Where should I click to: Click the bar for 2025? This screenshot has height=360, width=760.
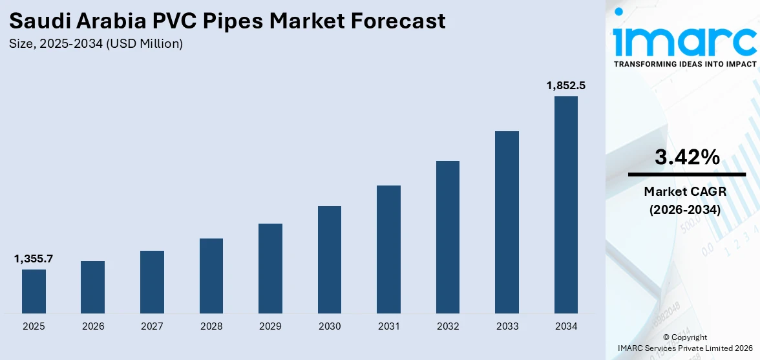(34, 291)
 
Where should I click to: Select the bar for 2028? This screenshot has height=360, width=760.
(211, 276)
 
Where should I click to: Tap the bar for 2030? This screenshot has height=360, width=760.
(330, 260)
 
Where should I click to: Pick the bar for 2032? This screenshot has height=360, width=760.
(448, 237)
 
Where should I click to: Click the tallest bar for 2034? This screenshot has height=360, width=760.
(566, 205)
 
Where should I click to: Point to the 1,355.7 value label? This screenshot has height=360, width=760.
(34, 259)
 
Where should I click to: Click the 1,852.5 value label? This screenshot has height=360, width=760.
(566, 85)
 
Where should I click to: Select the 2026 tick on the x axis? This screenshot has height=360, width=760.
(93, 326)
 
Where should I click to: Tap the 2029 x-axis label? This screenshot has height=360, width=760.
(270, 326)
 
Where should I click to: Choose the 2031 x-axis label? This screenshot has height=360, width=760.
(388, 326)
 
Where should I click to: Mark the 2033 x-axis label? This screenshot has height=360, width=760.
(507, 326)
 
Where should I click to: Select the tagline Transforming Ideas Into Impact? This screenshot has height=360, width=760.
(684, 65)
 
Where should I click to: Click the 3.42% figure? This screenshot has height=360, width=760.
(687, 156)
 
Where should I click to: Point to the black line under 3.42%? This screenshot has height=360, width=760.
(687, 175)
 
